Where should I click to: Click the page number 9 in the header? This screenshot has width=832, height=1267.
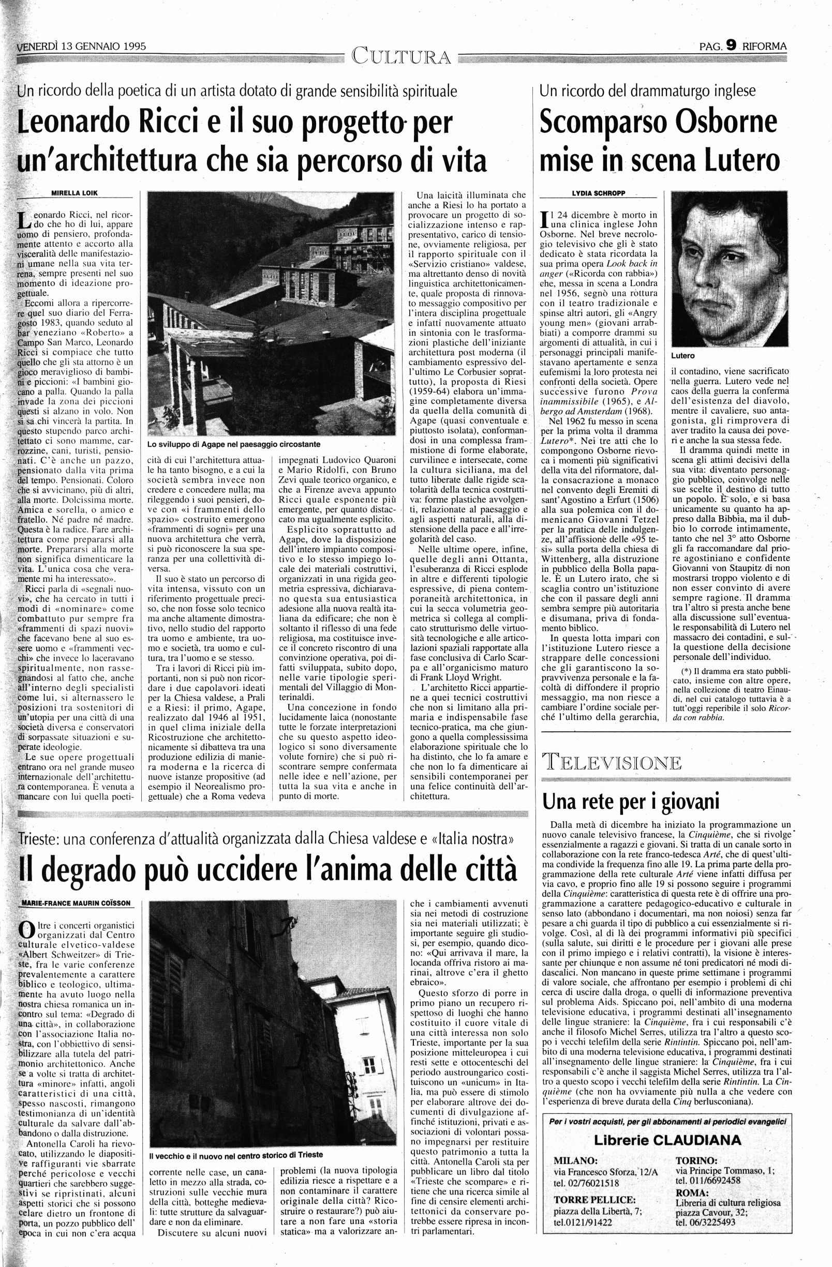731,46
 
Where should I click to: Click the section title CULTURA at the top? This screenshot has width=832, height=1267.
401,56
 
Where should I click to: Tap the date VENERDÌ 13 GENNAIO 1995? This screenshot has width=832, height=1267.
82,46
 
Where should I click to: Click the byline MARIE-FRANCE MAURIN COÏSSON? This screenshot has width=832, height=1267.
76,903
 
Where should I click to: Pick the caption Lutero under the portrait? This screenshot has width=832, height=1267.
683,355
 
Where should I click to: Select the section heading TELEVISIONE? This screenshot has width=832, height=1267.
612,763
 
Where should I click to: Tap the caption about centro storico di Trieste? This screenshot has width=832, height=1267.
236,1155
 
